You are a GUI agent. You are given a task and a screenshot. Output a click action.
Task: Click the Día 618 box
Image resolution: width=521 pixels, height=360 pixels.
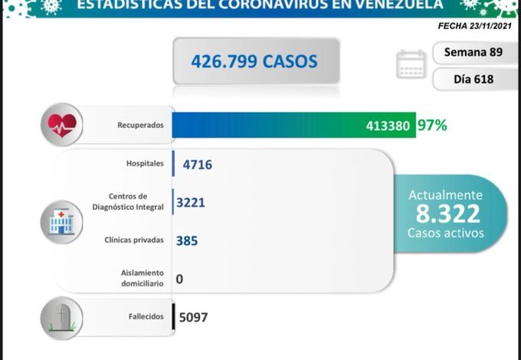473,79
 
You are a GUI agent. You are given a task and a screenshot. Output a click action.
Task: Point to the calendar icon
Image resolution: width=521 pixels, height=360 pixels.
411,64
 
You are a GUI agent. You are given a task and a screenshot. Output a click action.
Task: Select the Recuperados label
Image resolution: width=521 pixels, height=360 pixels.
140,125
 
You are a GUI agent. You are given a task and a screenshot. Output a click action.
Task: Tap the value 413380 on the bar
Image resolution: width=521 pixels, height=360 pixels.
392,126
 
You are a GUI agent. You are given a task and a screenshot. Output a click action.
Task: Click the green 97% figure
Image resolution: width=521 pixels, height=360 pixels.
432,125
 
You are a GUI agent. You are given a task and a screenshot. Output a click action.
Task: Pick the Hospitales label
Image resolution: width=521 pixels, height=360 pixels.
143,163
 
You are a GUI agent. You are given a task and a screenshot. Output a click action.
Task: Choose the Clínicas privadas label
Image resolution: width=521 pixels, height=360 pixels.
134,240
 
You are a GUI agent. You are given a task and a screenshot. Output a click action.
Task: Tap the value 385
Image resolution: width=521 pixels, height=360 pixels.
187,241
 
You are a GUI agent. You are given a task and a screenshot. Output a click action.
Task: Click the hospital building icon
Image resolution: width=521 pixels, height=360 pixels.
61,221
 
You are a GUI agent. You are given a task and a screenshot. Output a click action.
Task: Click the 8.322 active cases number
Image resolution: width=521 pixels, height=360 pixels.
445,213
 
